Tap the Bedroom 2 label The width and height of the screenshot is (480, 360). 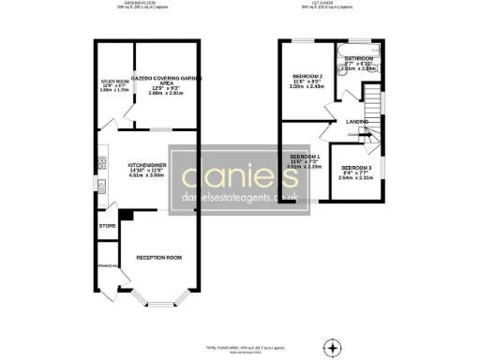(307, 76)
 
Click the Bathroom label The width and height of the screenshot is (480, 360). (359, 58)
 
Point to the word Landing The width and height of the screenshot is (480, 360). (356, 121)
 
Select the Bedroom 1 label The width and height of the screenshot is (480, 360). (304, 156)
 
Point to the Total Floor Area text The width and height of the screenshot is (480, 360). (239, 347)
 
